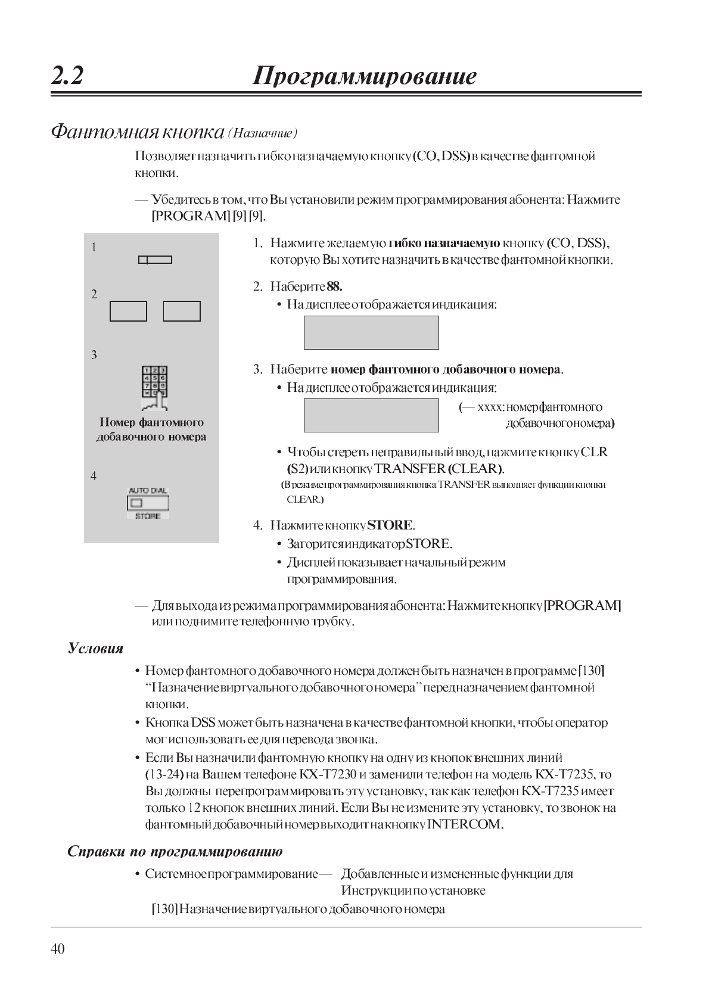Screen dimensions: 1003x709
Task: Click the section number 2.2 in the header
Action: click(67, 77)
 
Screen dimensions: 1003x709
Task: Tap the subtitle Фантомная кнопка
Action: click(138, 131)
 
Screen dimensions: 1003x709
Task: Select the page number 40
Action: click(58, 949)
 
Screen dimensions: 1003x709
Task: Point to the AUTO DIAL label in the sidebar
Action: click(148, 491)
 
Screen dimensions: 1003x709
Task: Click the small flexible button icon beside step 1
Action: click(155, 260)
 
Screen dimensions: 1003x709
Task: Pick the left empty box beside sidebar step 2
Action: click(128, 311)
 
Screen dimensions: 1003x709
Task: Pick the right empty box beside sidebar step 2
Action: click(182, 311)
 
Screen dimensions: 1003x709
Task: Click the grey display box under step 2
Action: click(371, 332)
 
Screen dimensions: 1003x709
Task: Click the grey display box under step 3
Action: click(371, 415)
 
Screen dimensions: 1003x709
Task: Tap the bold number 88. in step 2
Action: click(334, 286)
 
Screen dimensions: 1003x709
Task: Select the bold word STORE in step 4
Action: click(390, 525)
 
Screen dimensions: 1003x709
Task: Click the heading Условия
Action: click(95, 649)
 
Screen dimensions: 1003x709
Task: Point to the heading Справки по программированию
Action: click(175, 851)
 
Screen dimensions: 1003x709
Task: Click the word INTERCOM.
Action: click(465, 825)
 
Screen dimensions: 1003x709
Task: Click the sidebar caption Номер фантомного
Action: click(151, 422)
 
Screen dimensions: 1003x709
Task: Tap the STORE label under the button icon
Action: click(148, 516)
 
